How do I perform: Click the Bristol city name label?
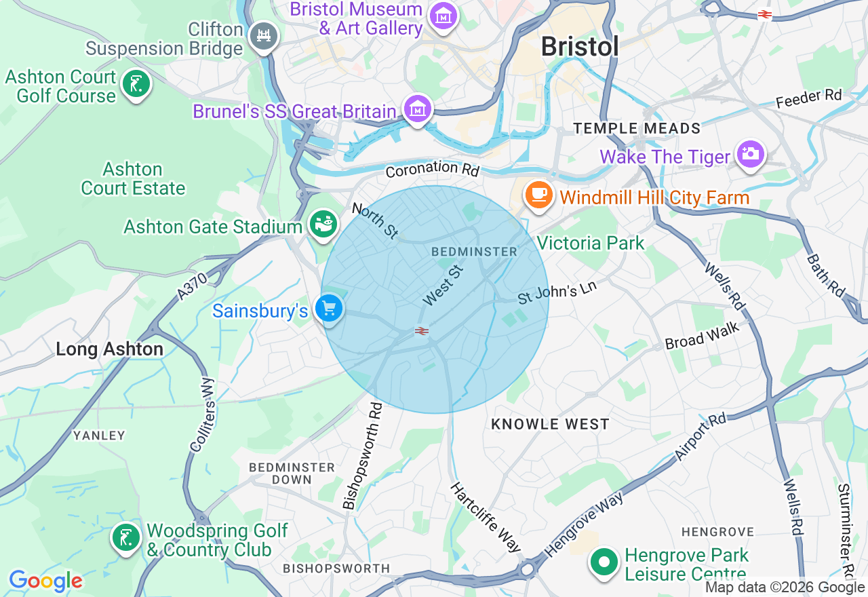pyautogui.click(x=580, y=47)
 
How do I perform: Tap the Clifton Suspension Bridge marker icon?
pyautogui.click(x=264, y=36)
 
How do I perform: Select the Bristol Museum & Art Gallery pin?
pyautogui.click(x=443, y=16)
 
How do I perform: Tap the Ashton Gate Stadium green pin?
pyautogui.click(x=323, y=223)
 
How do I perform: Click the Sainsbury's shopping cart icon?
pyautogui.click(x=329, y=309)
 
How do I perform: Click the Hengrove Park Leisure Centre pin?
pyautogui.click(x=604, y=562)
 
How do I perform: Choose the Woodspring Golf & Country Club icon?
pyautogui.click(x=125, y=538)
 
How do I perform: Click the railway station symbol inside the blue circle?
pyautogui.click(x=422, y=331)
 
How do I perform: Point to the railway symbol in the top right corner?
pyautogui.click(x=765, y=14)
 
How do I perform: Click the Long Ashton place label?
pyautogui.click(x=109, y=349)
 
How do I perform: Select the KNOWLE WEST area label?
pyautogui.click(x=550, y=424)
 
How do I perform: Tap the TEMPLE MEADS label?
pyautogui.click(x=637, y=128)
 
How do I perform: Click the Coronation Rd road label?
pyautogui.click(x=432, y=169)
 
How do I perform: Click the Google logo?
pyautogui.click(x=45, y=581)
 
